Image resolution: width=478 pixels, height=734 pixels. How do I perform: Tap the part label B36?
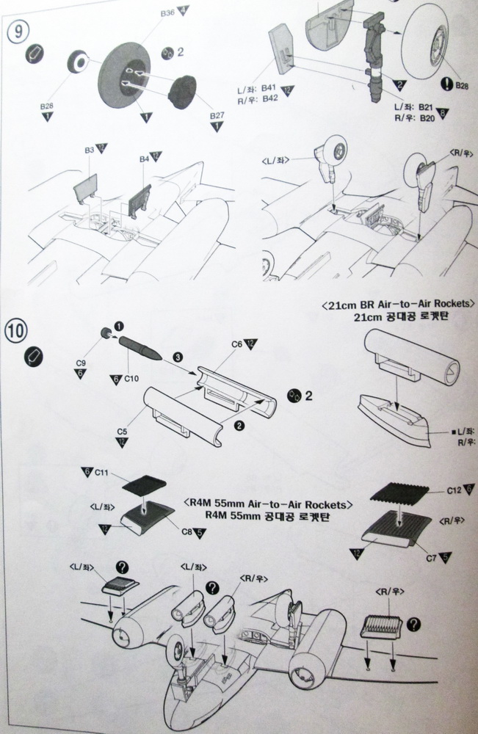[x=166, y=12]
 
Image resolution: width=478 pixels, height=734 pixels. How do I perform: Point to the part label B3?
[x=89, y=150]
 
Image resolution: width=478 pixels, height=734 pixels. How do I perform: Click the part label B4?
[x=144, y=157]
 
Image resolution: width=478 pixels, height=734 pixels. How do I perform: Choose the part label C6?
[x=236, y=344]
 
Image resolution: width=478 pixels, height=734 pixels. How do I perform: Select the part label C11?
[x=102, y=475]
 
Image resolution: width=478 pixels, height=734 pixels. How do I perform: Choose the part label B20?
[x=427, y=117]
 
